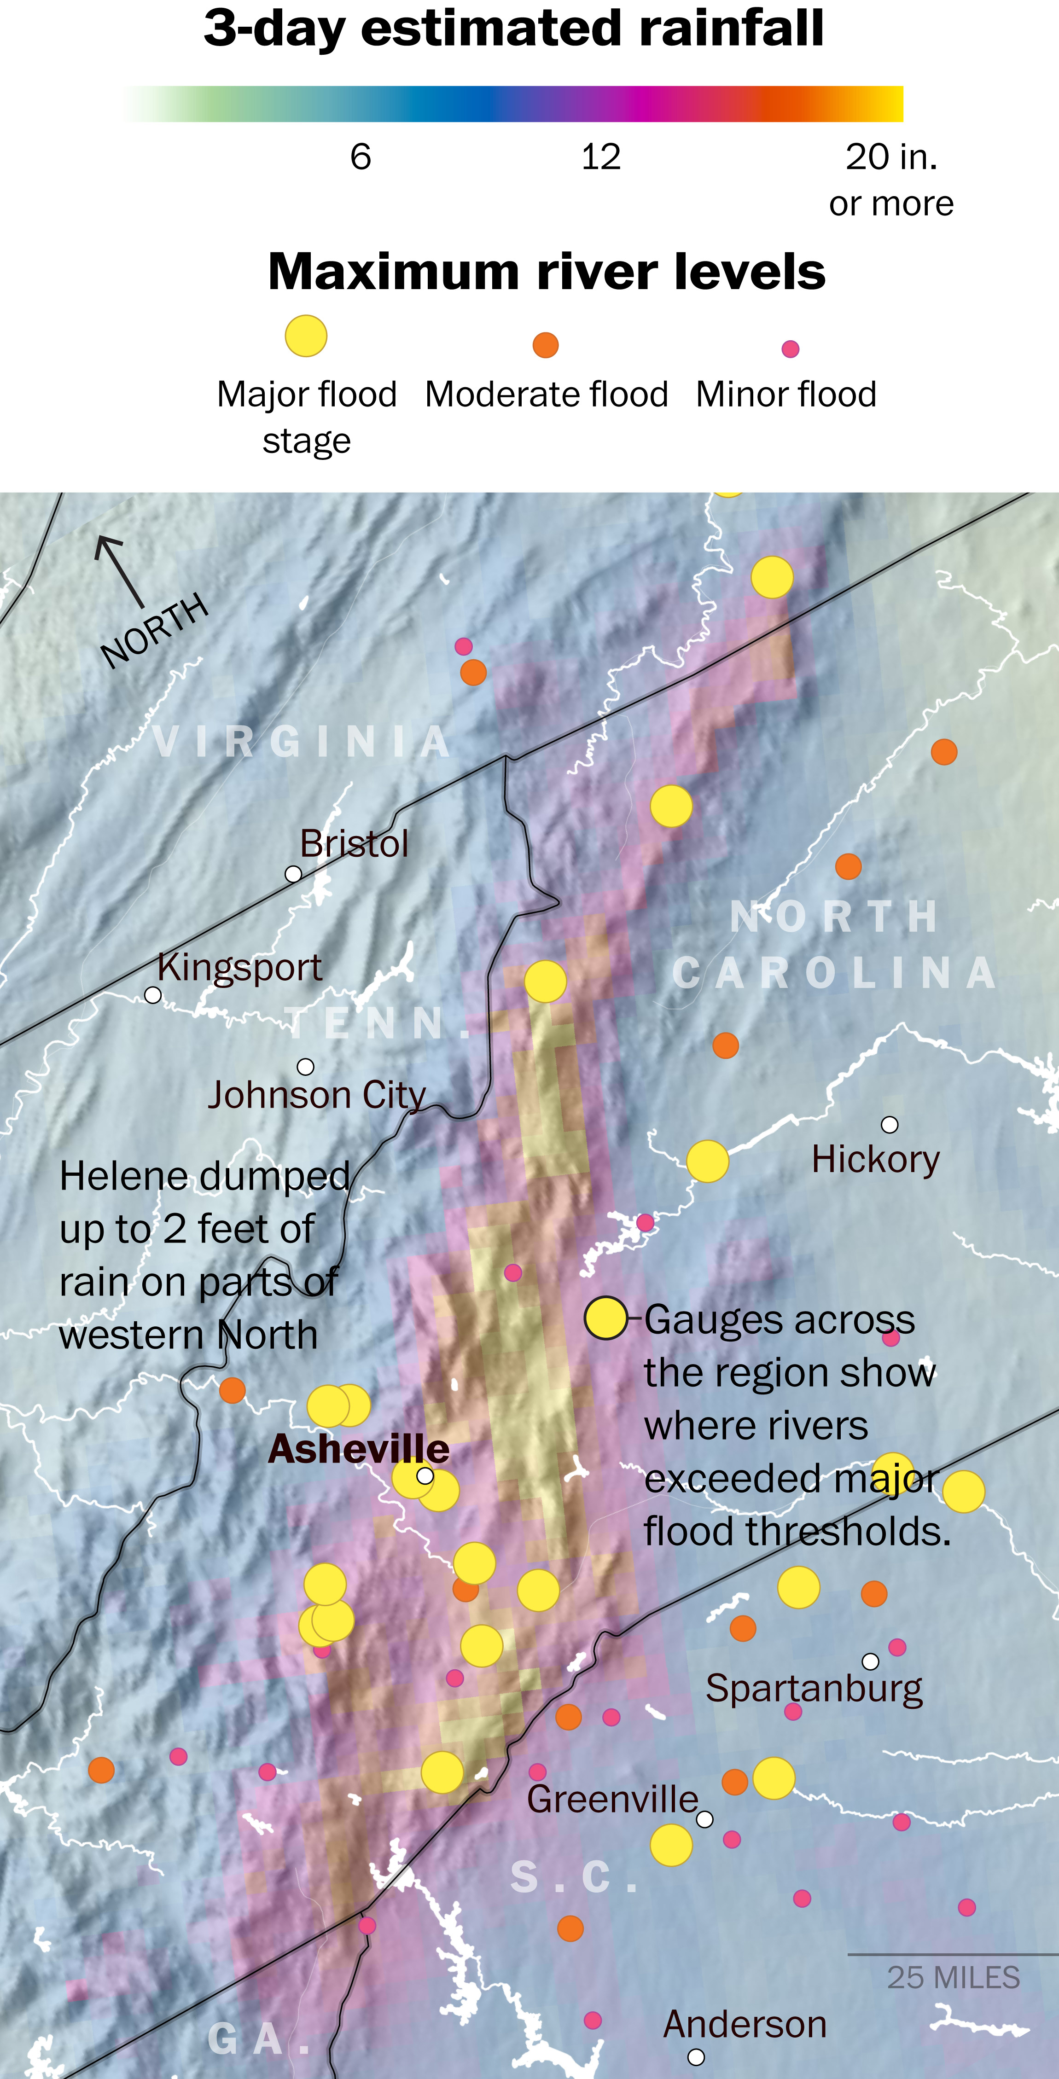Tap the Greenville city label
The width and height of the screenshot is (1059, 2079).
pyautogui.click(x=612, y=1799)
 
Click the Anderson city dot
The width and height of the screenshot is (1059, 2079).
pyautogui.click(x=696, y=2056)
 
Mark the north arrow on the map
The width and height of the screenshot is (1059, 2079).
pyautogui.click(x=119, y=570)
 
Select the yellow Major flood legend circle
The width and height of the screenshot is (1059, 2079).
pyautogui.click(x=306, y=336)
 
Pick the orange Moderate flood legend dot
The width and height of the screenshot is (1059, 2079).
pyautogui.click(x=546, y=345)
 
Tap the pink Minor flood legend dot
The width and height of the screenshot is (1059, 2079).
pyautogui.click(x=790, y=348)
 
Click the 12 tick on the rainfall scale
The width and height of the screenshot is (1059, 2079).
pyautogui.click(x=600, y=157)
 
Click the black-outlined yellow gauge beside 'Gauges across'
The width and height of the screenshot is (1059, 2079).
pyautogui.click(x=605, y=1318)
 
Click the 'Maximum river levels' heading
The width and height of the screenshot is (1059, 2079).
pyautogui.click(x=547, y=271)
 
